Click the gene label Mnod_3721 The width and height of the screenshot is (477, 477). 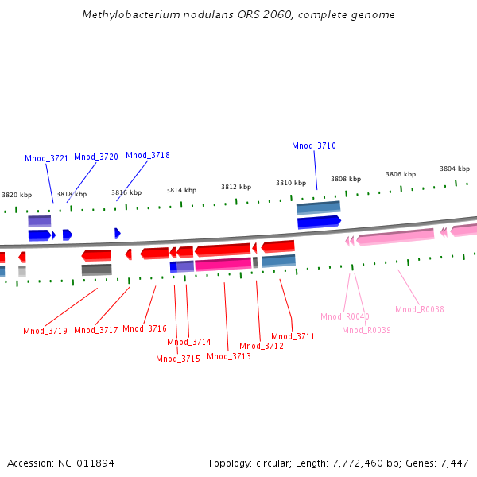tap(46, 158)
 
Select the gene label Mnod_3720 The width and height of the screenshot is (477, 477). tap(96, 157)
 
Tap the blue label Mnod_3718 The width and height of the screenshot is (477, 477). tap(148, 155)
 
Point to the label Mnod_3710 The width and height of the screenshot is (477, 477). tap(314, 145)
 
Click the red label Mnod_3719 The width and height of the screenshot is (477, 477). tap(45, 331)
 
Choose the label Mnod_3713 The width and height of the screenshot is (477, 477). tap(229, 356)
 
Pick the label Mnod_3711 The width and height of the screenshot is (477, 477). tap(293, 336)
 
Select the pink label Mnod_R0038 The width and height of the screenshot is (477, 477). tap(420, 309)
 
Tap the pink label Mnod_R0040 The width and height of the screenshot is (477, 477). tap(345, 316)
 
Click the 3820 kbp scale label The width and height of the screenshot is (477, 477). tap(17, 195)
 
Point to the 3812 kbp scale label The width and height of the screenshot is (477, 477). tap(236, 187)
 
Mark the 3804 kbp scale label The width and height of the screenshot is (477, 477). tap(455, 169)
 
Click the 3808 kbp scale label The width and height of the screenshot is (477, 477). tap(346, 179)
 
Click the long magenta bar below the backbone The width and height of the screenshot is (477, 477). tap(223, 264)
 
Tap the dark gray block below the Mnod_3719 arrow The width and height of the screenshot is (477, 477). tap(96, 270)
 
